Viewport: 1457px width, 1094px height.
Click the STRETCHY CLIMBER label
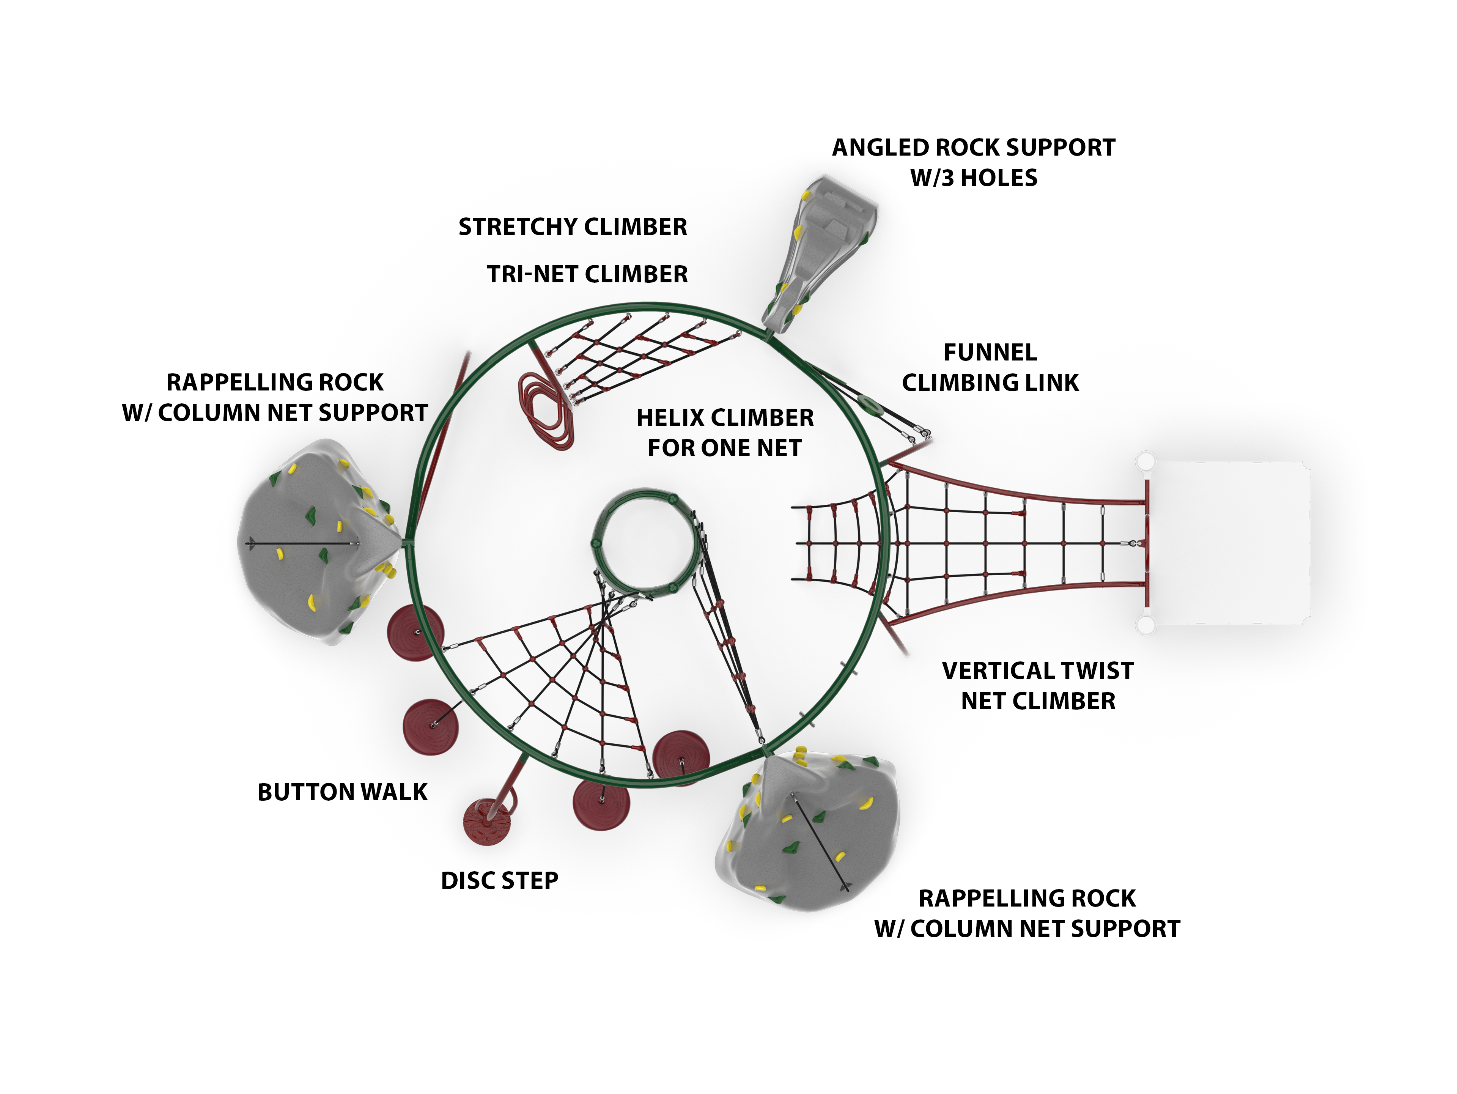573,227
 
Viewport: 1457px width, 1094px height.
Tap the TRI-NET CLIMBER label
587,274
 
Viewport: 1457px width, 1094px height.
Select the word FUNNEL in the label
990,353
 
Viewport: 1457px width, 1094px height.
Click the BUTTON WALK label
342,792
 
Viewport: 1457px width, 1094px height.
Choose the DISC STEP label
499,881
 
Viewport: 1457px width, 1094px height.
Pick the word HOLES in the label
999,178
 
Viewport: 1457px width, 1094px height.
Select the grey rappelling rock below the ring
810,833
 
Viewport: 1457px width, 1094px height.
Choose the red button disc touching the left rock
415,632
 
